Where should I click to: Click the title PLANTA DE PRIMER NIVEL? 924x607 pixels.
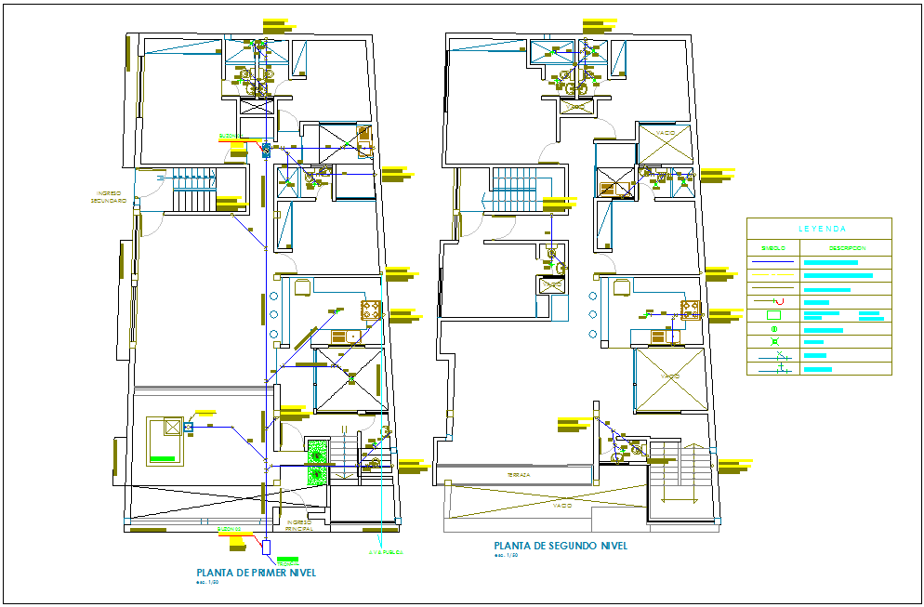pyautogui.click(x=256, y=573)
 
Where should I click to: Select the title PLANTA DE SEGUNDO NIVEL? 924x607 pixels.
pyautogui.click(x=561, y=546)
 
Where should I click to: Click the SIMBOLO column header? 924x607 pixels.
pyautogui.click(x=773, y=248)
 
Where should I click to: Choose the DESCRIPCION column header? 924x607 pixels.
pyautogui.click(x=847, y=248)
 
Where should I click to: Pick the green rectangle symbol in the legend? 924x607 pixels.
pyautogui.click(x=773, y=315)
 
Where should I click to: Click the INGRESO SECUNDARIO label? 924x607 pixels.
pyautogui.click(x=109, y=198)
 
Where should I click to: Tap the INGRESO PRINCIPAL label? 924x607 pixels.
pyautogui.click(x=299, y=525)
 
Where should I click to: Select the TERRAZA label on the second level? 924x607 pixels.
pyautogui.click(x=519, y=475)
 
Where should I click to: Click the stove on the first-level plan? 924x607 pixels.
pyautogui.click(x=371, y=309)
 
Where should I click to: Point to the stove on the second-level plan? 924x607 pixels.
pyautogui.click(x=690, y=309)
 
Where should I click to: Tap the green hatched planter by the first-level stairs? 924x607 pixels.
pyautogui.click(x=318, y=461)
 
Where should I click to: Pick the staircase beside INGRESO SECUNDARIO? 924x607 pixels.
pyautogui.click(x=194, y=195)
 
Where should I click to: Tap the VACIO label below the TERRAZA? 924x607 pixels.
pyautogui.click(x=561, y=507)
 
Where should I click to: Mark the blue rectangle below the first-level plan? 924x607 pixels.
pyautogui.click(x=267, y=548)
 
